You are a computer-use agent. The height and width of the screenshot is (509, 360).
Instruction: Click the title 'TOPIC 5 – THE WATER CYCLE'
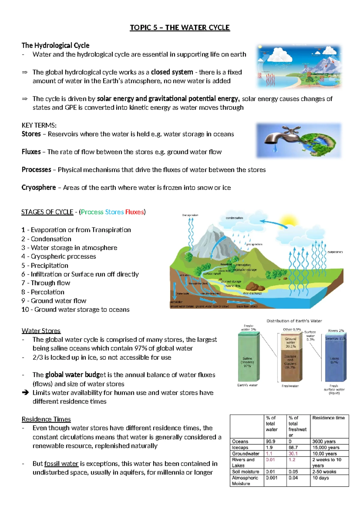coord(180,28)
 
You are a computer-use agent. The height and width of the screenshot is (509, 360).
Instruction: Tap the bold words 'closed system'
coord(172,72)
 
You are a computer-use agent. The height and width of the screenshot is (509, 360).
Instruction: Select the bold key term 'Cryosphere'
coord(39,188)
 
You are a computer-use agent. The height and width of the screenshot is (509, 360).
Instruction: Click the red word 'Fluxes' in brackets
coord(134,212)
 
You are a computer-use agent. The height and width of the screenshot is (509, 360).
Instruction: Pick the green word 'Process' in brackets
coord(92,212)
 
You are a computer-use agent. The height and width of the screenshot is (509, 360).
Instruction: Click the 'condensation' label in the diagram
coord(234,218)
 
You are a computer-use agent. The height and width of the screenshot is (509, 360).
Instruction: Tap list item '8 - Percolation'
coord(43,292)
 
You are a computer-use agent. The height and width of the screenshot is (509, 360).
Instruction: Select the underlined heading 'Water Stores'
coord(41,331)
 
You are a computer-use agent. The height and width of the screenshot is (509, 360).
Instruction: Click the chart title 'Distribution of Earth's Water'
coord(294,321)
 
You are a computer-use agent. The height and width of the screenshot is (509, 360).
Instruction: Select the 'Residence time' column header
coord(328,418)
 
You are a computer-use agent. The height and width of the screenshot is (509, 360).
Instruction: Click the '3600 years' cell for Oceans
coord(324,441)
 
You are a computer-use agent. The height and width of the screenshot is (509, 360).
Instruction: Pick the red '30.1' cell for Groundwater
coord(293,453)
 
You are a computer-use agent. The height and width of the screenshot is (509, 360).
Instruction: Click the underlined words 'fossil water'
coord(61,464)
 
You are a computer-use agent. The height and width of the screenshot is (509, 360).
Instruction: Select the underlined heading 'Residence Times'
coord(46,419)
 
